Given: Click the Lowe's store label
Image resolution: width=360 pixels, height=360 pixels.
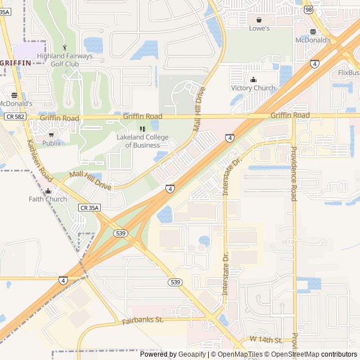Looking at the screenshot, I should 259,28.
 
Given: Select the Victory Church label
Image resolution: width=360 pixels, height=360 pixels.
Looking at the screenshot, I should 253,88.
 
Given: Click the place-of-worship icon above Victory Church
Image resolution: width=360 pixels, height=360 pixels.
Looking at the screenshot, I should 253,79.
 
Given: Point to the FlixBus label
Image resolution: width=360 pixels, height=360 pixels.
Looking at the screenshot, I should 349,73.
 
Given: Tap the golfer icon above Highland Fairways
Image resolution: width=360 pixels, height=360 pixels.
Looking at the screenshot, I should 64,47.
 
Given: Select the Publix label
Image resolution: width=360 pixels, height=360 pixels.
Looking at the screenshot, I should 51,143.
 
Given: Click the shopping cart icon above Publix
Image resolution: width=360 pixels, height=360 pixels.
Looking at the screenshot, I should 51,134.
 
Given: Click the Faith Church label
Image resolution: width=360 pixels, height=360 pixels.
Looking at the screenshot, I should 48,199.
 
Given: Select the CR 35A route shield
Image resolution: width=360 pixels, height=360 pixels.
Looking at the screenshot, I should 89,208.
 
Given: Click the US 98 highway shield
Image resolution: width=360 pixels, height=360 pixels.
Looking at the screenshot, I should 308,10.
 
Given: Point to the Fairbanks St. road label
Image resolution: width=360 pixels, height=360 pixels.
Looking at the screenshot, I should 142,320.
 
